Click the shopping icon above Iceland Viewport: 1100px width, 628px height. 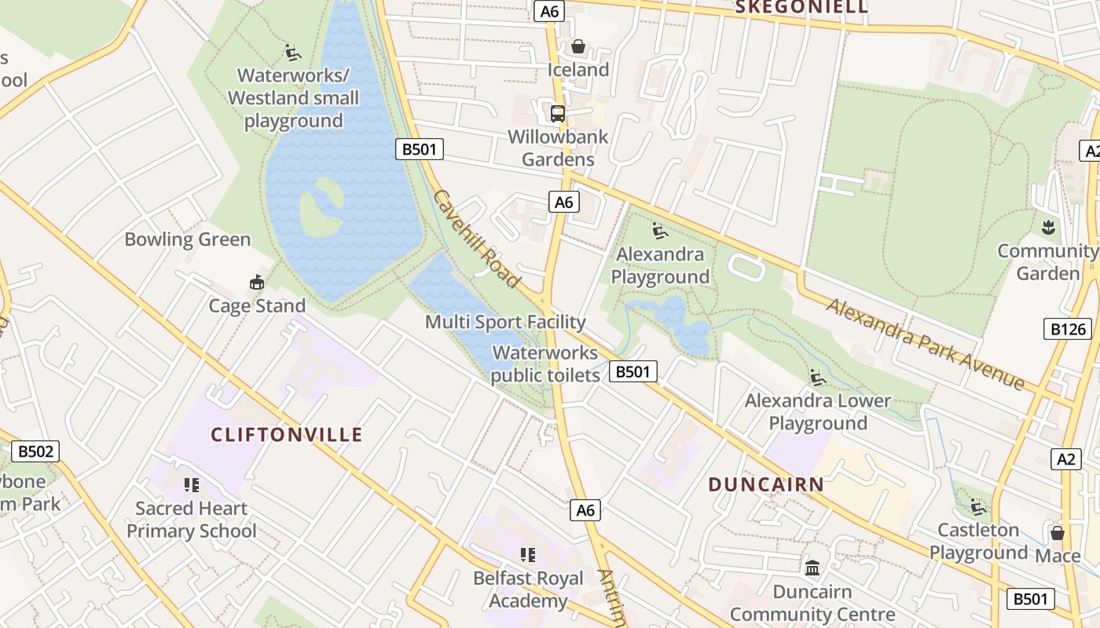coord(578,46)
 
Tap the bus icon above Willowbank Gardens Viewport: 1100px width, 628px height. coord(558,114)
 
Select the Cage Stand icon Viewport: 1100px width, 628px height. coord(257,283)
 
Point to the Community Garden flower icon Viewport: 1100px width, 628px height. coord(1047,228)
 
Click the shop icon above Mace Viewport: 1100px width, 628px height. coord(1058,533)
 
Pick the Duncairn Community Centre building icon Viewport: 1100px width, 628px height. coord(812,568)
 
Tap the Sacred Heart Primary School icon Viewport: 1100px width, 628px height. coord(192,485)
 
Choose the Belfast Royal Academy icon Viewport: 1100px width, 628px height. coord(528,555)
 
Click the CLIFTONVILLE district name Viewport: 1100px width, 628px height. coord(287,435)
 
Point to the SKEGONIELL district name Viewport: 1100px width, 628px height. coord(801,8)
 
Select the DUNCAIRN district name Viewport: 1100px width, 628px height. coord(766,484)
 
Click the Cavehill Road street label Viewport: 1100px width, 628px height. coord(477,239)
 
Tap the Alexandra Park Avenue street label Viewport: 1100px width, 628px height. coord(925,343)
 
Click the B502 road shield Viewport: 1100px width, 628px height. coord(36,451)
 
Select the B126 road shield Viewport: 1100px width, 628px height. coord(1068,328)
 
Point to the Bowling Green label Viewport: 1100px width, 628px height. coord(188,239)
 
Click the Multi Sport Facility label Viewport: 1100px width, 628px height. coord(505,322)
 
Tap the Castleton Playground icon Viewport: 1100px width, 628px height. coord(977,506)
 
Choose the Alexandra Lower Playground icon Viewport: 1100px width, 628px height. coord(818,378)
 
